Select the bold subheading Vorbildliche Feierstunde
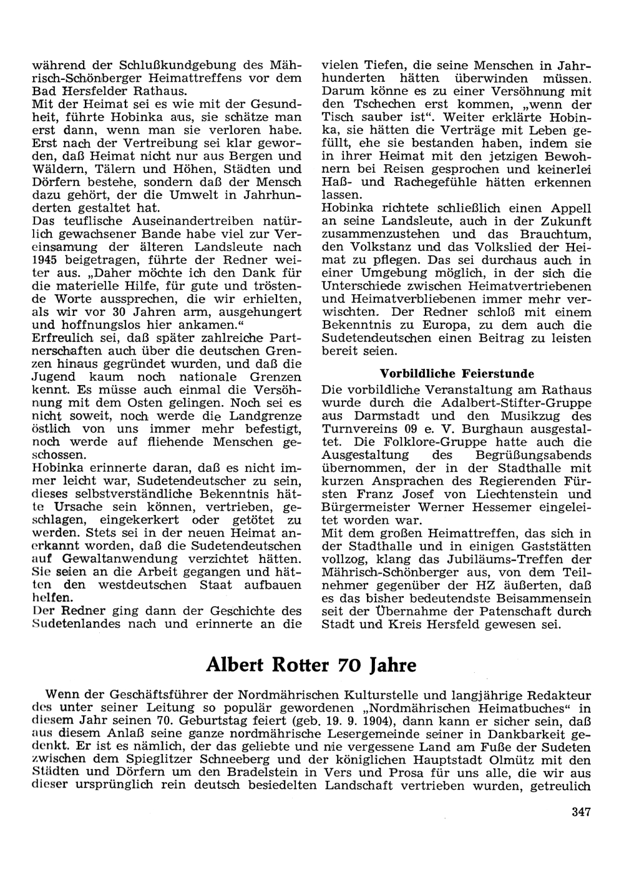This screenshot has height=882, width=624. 457,374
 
